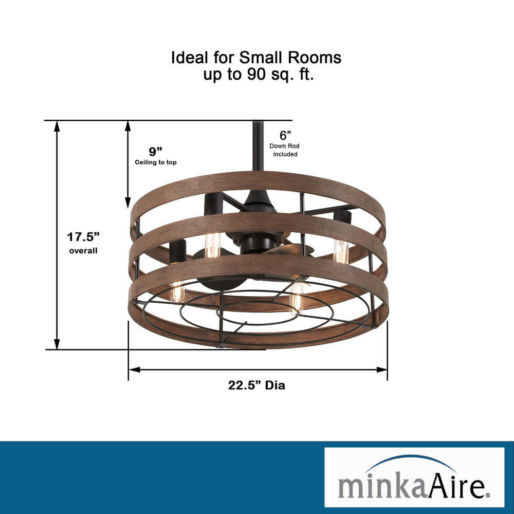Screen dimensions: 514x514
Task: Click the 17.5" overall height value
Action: [x=83, y=237]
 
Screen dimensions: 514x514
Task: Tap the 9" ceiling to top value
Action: [x=155, y=151]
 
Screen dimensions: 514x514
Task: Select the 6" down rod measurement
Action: [x=285, y=135]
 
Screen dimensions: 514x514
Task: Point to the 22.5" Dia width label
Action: [x=256, y=385]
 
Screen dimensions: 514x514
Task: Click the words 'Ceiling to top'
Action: [x=155, y=162]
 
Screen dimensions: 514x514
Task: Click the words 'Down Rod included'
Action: [x=285, y=150]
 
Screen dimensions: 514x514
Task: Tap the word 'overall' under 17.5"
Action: [x=83, y=251]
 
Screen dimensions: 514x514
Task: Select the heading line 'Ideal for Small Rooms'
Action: [x=256, y=58]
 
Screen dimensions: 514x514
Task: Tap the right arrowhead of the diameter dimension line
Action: [x=382, y=369]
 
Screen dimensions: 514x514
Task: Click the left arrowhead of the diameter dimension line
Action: [x=133, y=369]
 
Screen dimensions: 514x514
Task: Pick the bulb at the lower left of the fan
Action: [x=177, y=292]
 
